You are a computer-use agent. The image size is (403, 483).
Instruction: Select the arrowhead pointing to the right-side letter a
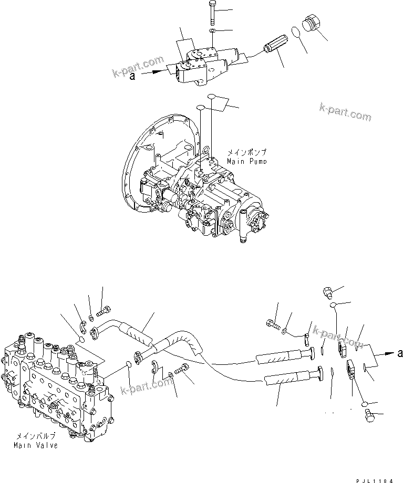click(x=388, y=354)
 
